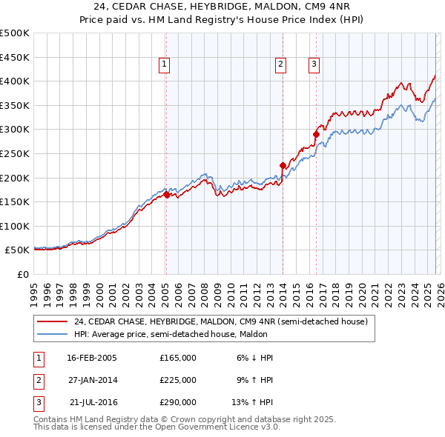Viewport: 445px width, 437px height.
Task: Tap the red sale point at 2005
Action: pos(166,195)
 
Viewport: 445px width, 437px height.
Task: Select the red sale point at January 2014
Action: pos(283,166)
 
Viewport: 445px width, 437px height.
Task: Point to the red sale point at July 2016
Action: pos(315,135)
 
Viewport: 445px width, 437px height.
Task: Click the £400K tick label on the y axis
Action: pos(15,81)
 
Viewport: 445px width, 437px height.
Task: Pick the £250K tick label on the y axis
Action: pos(15,153)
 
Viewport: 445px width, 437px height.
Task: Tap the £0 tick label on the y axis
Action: pos(22,274)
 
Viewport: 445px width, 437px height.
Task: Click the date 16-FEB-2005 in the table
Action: pos(92,358)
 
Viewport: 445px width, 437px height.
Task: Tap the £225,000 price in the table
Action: pos(178,380)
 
